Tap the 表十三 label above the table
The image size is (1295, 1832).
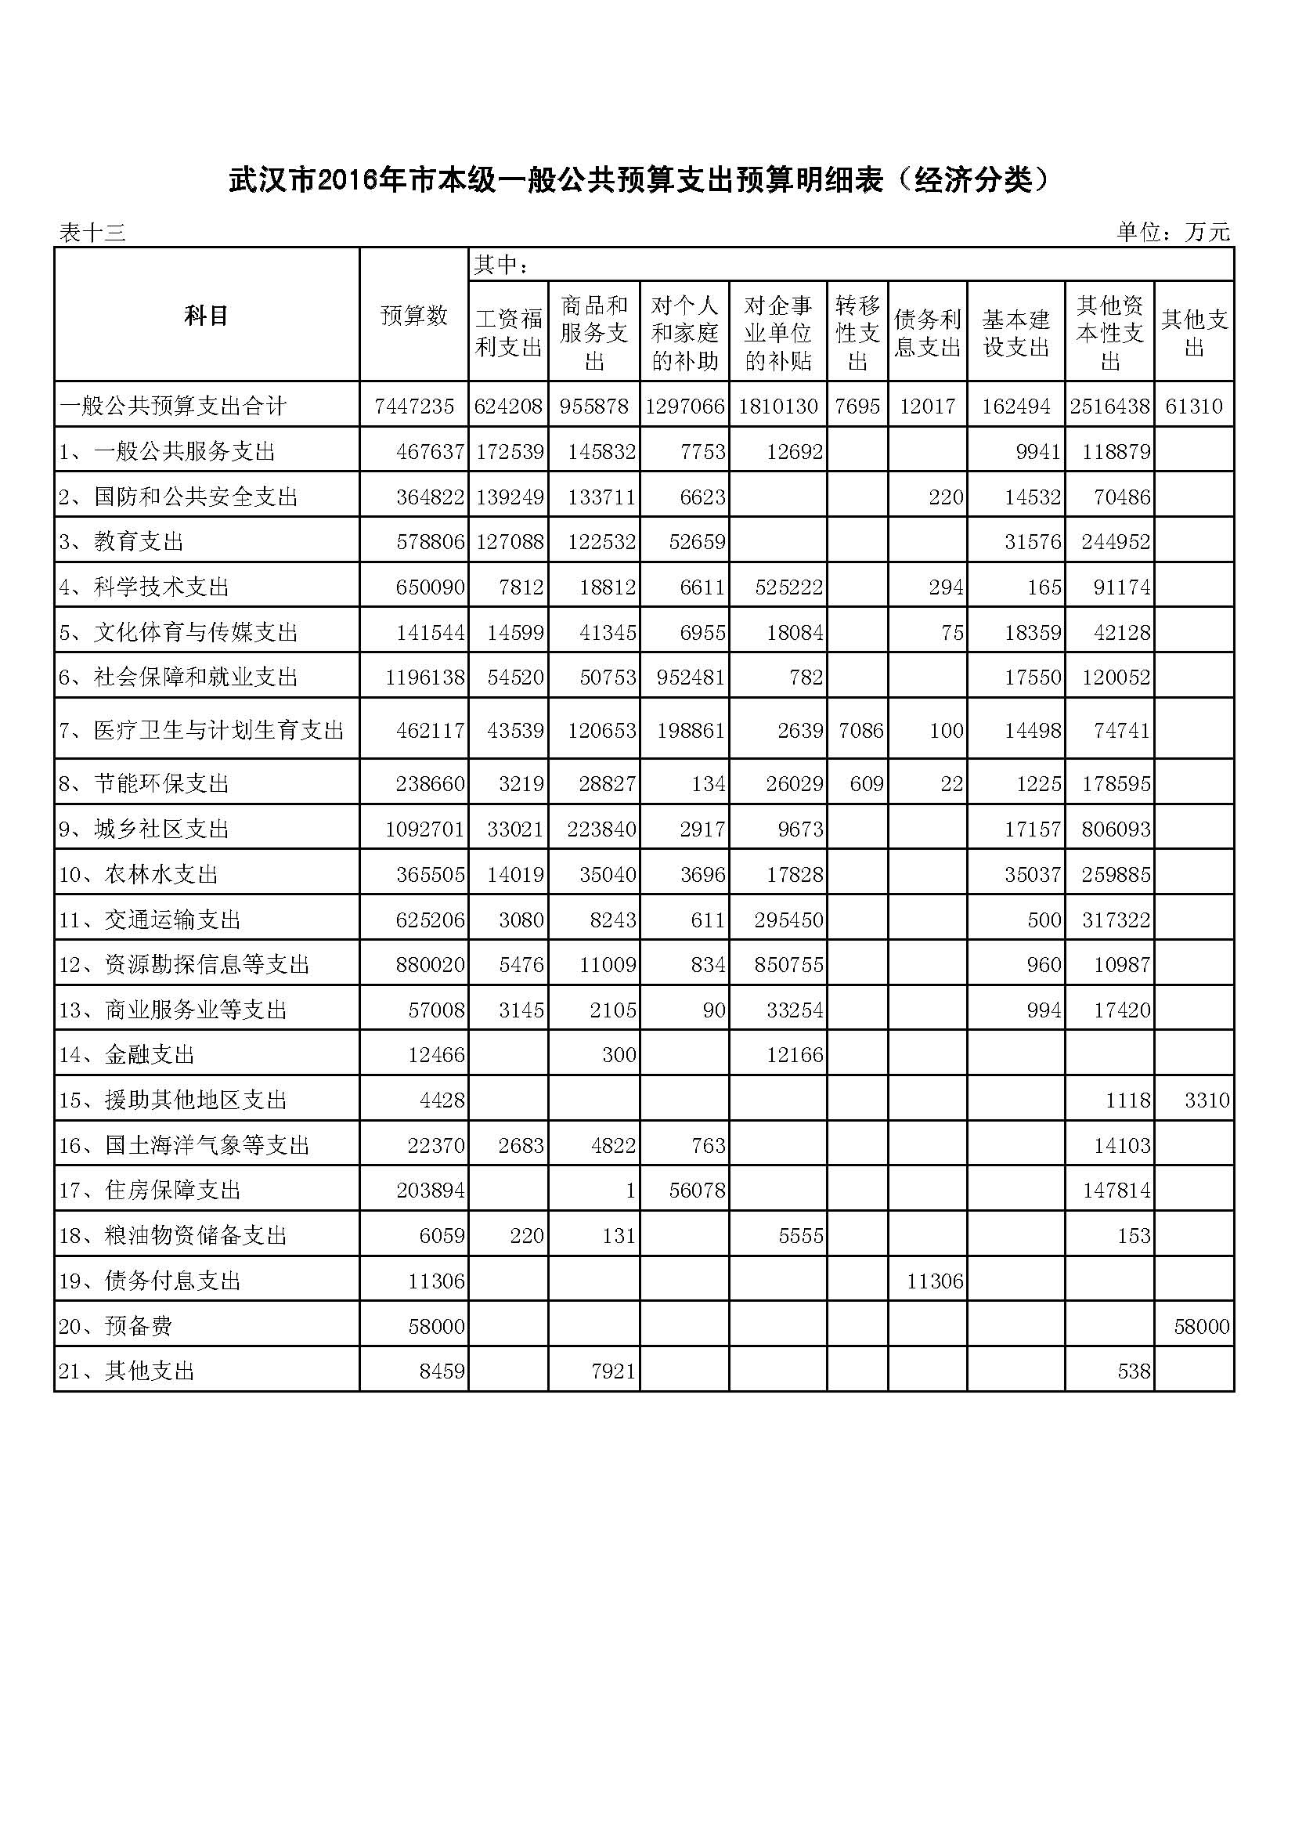coord(92,233)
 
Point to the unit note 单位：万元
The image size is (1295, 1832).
coord(1173,232)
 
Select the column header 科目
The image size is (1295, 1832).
coord(207,316)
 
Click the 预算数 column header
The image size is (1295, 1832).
coord(414,316)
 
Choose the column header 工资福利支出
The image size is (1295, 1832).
coord(509,334)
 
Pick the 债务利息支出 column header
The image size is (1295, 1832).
coord(927,334)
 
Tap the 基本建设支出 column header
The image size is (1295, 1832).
coord(1016,334)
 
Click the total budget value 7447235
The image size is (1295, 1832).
coord(414,407)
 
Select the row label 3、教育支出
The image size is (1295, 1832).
coord(121,542)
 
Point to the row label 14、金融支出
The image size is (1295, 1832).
coord(127,1055)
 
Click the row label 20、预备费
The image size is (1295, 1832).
coord(117,1326)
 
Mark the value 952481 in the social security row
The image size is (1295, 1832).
coord(685,678)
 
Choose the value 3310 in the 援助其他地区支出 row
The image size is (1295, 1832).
coord(1207,1100)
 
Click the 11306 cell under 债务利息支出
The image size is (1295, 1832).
coord(935,1281)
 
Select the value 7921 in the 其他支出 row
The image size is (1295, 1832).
coord(613,1371)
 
